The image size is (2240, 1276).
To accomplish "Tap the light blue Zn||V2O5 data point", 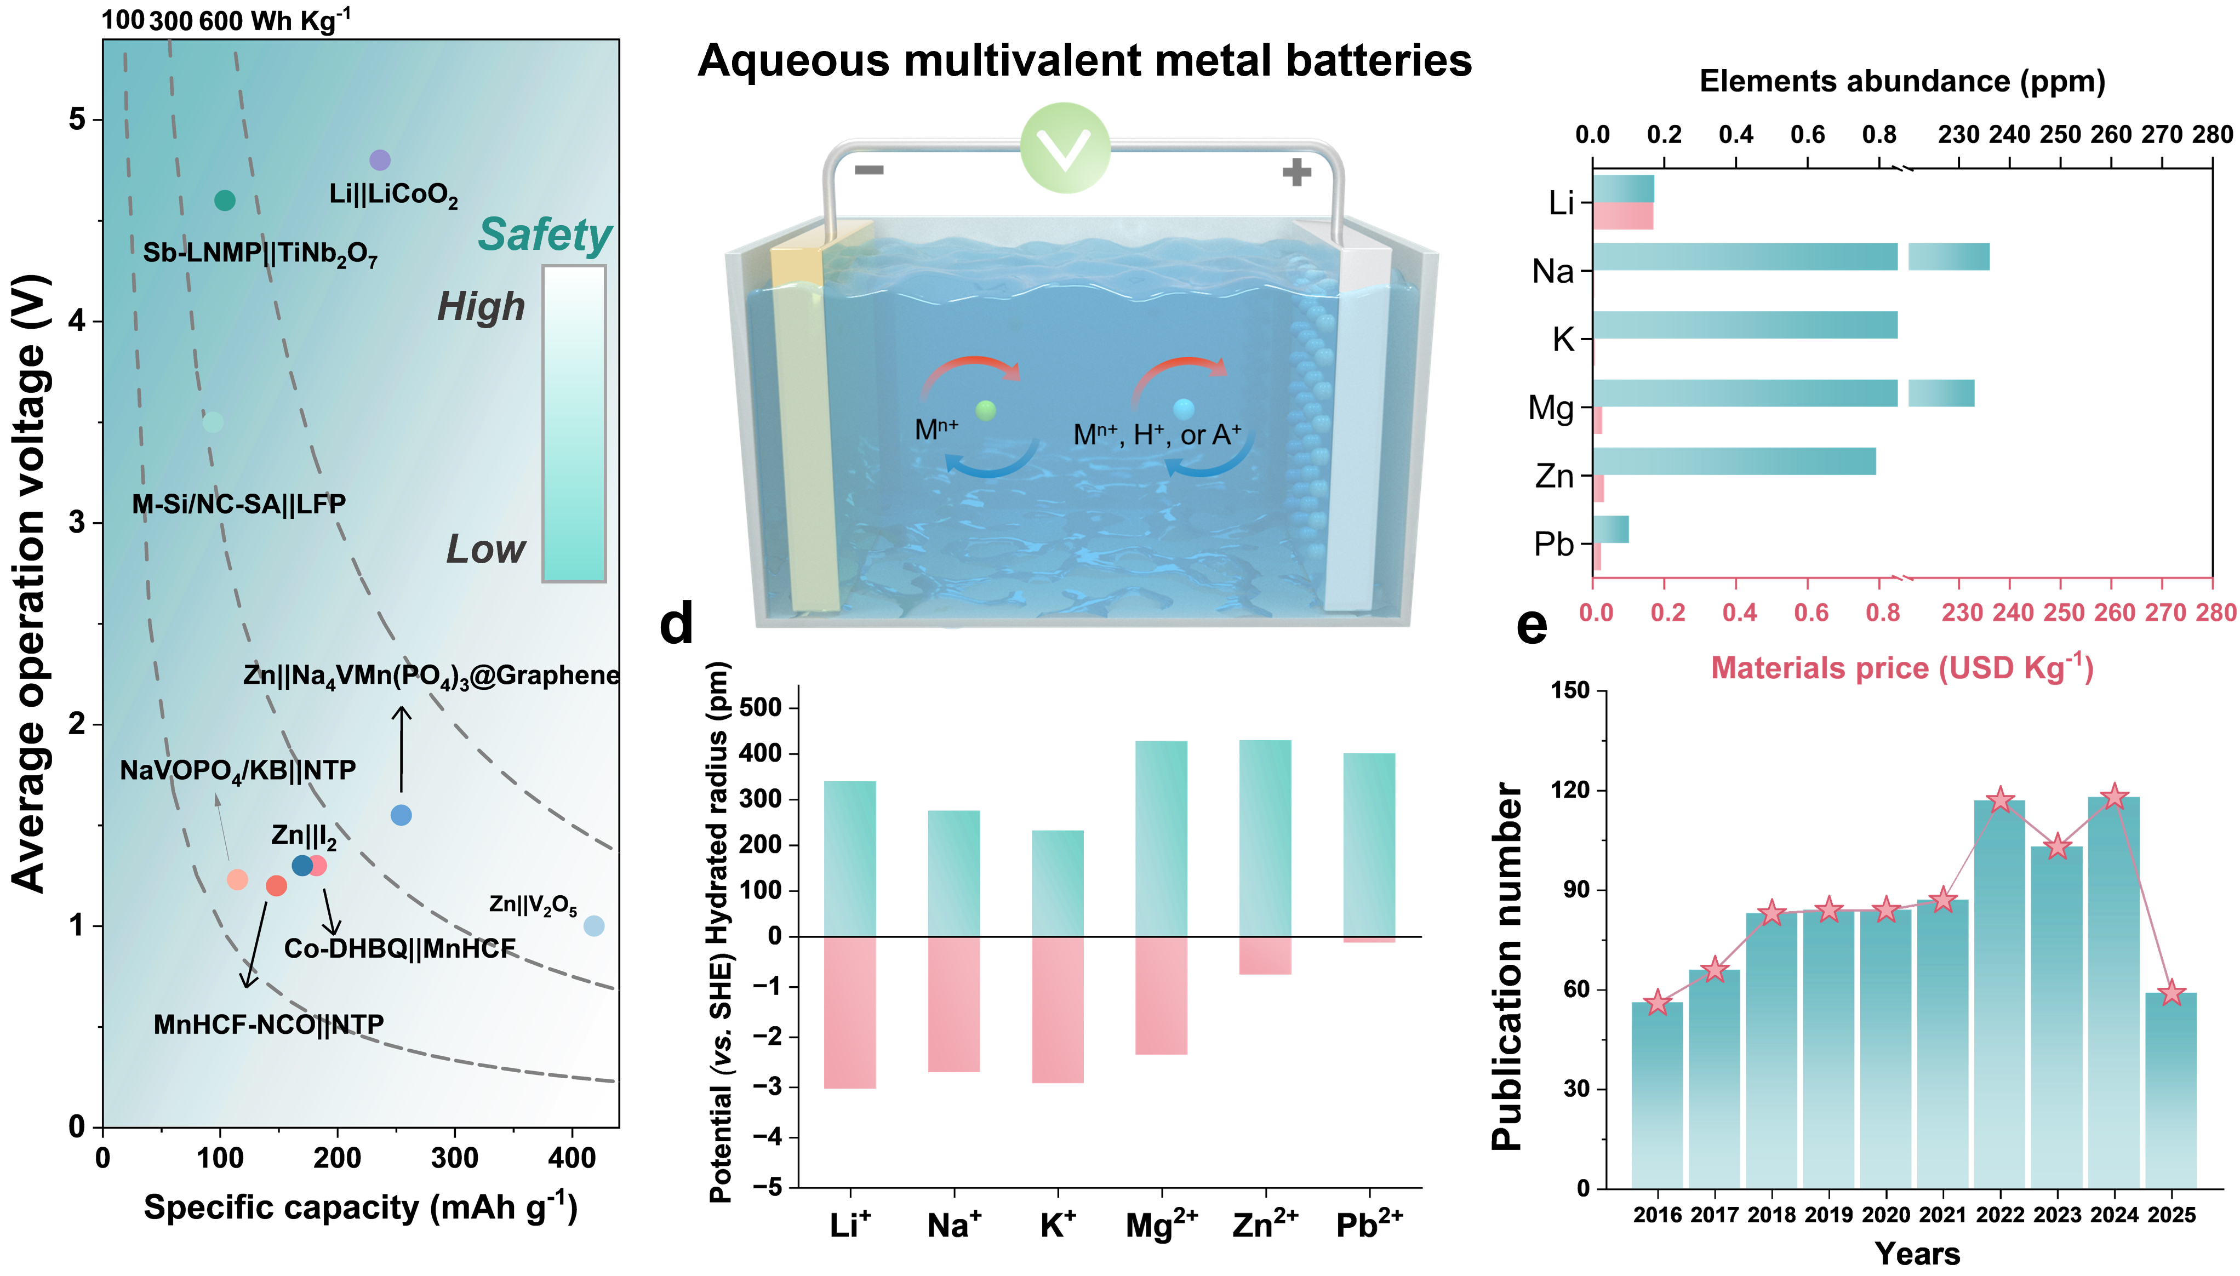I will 593,925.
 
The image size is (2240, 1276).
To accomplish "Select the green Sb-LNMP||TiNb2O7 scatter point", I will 224,201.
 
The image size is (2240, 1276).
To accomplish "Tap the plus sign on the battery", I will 1296,172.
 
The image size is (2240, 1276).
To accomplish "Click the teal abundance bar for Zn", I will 1734,461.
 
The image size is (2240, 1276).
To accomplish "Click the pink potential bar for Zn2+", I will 1265,955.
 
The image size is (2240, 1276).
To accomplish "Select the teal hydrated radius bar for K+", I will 1057,883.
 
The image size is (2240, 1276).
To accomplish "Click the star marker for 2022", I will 2000,800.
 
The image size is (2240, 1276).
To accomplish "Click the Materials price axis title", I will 1902,668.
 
